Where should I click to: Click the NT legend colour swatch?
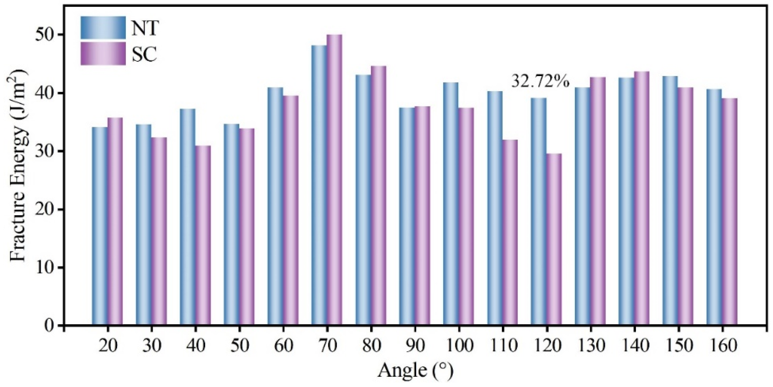click(x=103, y=28)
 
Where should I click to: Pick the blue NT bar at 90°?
click(x=407, y=216)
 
